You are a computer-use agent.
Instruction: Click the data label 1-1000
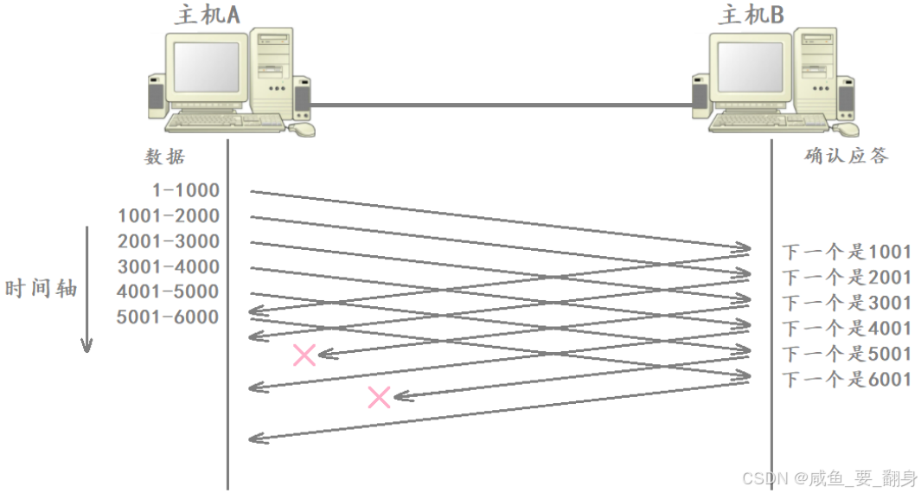click(x=185, y=190)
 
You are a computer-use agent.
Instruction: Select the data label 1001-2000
click(x=169, y=215)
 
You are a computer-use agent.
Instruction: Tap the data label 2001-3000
click(x=169, y=241)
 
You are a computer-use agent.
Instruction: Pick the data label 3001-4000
click(x=169, y=266)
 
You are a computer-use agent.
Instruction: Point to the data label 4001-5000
click(x=169, y=291)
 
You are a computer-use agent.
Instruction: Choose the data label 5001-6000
click(x=169, y=317)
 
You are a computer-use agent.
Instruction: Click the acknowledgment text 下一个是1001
click(x=847, y=252)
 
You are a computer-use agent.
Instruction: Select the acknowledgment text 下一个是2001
click(x=847, y=277)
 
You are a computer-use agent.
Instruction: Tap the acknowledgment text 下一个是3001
click(x=847, y=303)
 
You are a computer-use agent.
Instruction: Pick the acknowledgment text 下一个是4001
click(x=847, y=328)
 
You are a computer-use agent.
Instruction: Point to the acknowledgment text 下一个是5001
click(x=847, y=354)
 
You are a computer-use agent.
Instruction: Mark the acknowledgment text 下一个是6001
click(x=847, y=379)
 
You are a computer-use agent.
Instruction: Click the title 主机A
click(x=207, y=16)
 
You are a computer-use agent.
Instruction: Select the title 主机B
click(x=751, y=16)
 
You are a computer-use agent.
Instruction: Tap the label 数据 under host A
click(x=164, y=157)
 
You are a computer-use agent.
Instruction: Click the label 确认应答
click(x=846, y=156)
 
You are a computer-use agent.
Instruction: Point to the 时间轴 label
click(x=42, y=288)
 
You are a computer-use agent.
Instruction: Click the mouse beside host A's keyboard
click(x=302, y=129)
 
